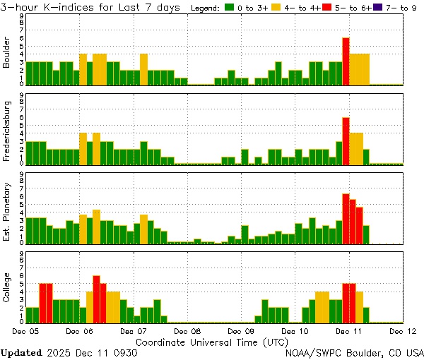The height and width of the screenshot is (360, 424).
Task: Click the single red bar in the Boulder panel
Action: pos(346,61)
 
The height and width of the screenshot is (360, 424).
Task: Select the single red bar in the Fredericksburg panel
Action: pos(346,140)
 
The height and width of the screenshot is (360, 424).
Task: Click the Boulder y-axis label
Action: pos(7,54)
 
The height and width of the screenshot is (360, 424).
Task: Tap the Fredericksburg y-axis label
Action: pos(7,133)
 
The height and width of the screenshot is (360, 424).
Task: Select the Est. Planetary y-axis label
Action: pos(7,212)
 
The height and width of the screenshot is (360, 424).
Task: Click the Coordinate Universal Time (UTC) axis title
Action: pos(212,342)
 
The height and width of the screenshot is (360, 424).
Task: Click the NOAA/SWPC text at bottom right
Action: pos(313,352)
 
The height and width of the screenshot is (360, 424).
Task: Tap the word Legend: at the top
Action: pos(206,7)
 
